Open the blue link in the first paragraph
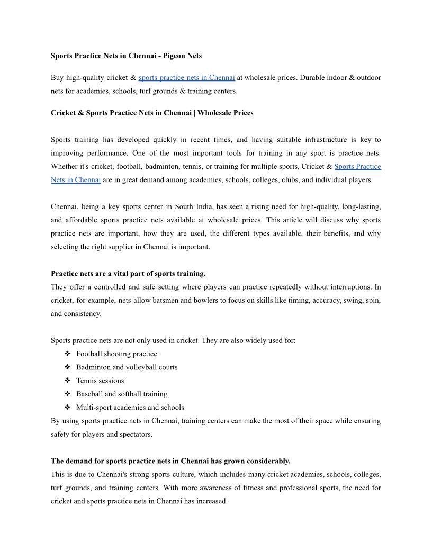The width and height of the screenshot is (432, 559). click(186, 78)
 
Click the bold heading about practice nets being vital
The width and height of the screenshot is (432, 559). click(128, 274)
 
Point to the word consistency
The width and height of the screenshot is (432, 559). click(83, 314)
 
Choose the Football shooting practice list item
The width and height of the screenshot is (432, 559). click(116, 354)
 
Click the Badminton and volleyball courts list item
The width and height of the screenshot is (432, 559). click(127, 367)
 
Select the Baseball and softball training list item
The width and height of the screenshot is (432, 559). click(121, 394)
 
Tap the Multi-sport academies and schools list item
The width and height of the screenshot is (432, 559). click(130, 408)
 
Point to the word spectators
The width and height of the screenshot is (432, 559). click(135, 435)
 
